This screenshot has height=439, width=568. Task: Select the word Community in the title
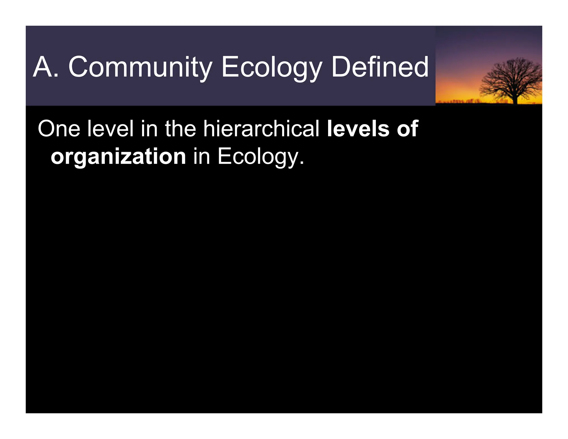point(140,67)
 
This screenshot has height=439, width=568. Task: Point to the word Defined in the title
point(380,67)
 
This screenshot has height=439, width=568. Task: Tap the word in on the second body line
point(201,157)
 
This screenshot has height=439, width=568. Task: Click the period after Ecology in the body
point(302,163)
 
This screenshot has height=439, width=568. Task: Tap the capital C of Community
point(78,67)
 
